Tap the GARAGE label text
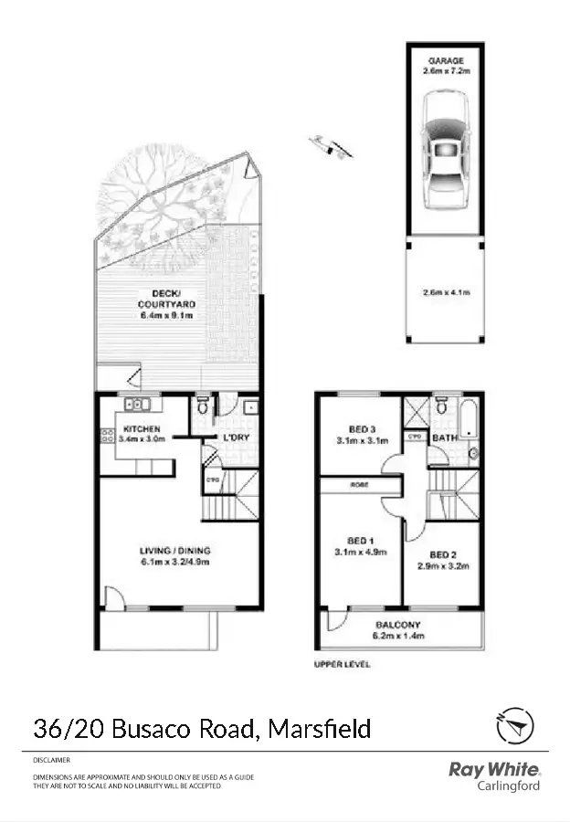coord(445,60)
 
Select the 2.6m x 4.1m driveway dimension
coord(445,293)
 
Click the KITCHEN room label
coord(142,428)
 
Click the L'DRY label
coord(237,437)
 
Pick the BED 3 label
coord(362,429)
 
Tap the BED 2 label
coord(442,555)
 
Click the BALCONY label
coord(398,626)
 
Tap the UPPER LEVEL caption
coord(343,664)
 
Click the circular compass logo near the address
coord(515,726)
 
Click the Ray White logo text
coord(494,770)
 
